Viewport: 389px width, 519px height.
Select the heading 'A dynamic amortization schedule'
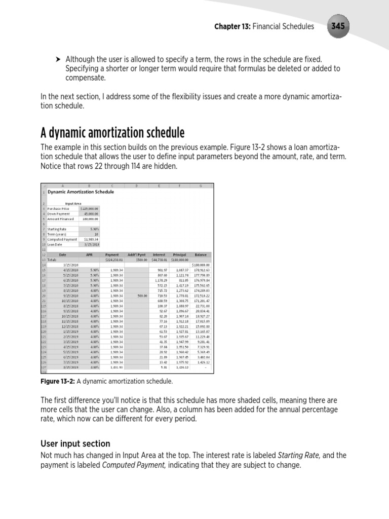(x=112, y=133)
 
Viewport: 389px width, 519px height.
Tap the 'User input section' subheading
(x=75, y=443)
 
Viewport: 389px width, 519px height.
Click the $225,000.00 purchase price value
(x=90, y=208)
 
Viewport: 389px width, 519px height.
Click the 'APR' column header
(x=90, y=254)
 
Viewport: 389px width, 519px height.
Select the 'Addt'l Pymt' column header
(x=137, y=254)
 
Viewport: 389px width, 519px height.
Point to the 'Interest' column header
(x=160, y=254)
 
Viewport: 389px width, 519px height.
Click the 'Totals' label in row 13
(x=52, y=259)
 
